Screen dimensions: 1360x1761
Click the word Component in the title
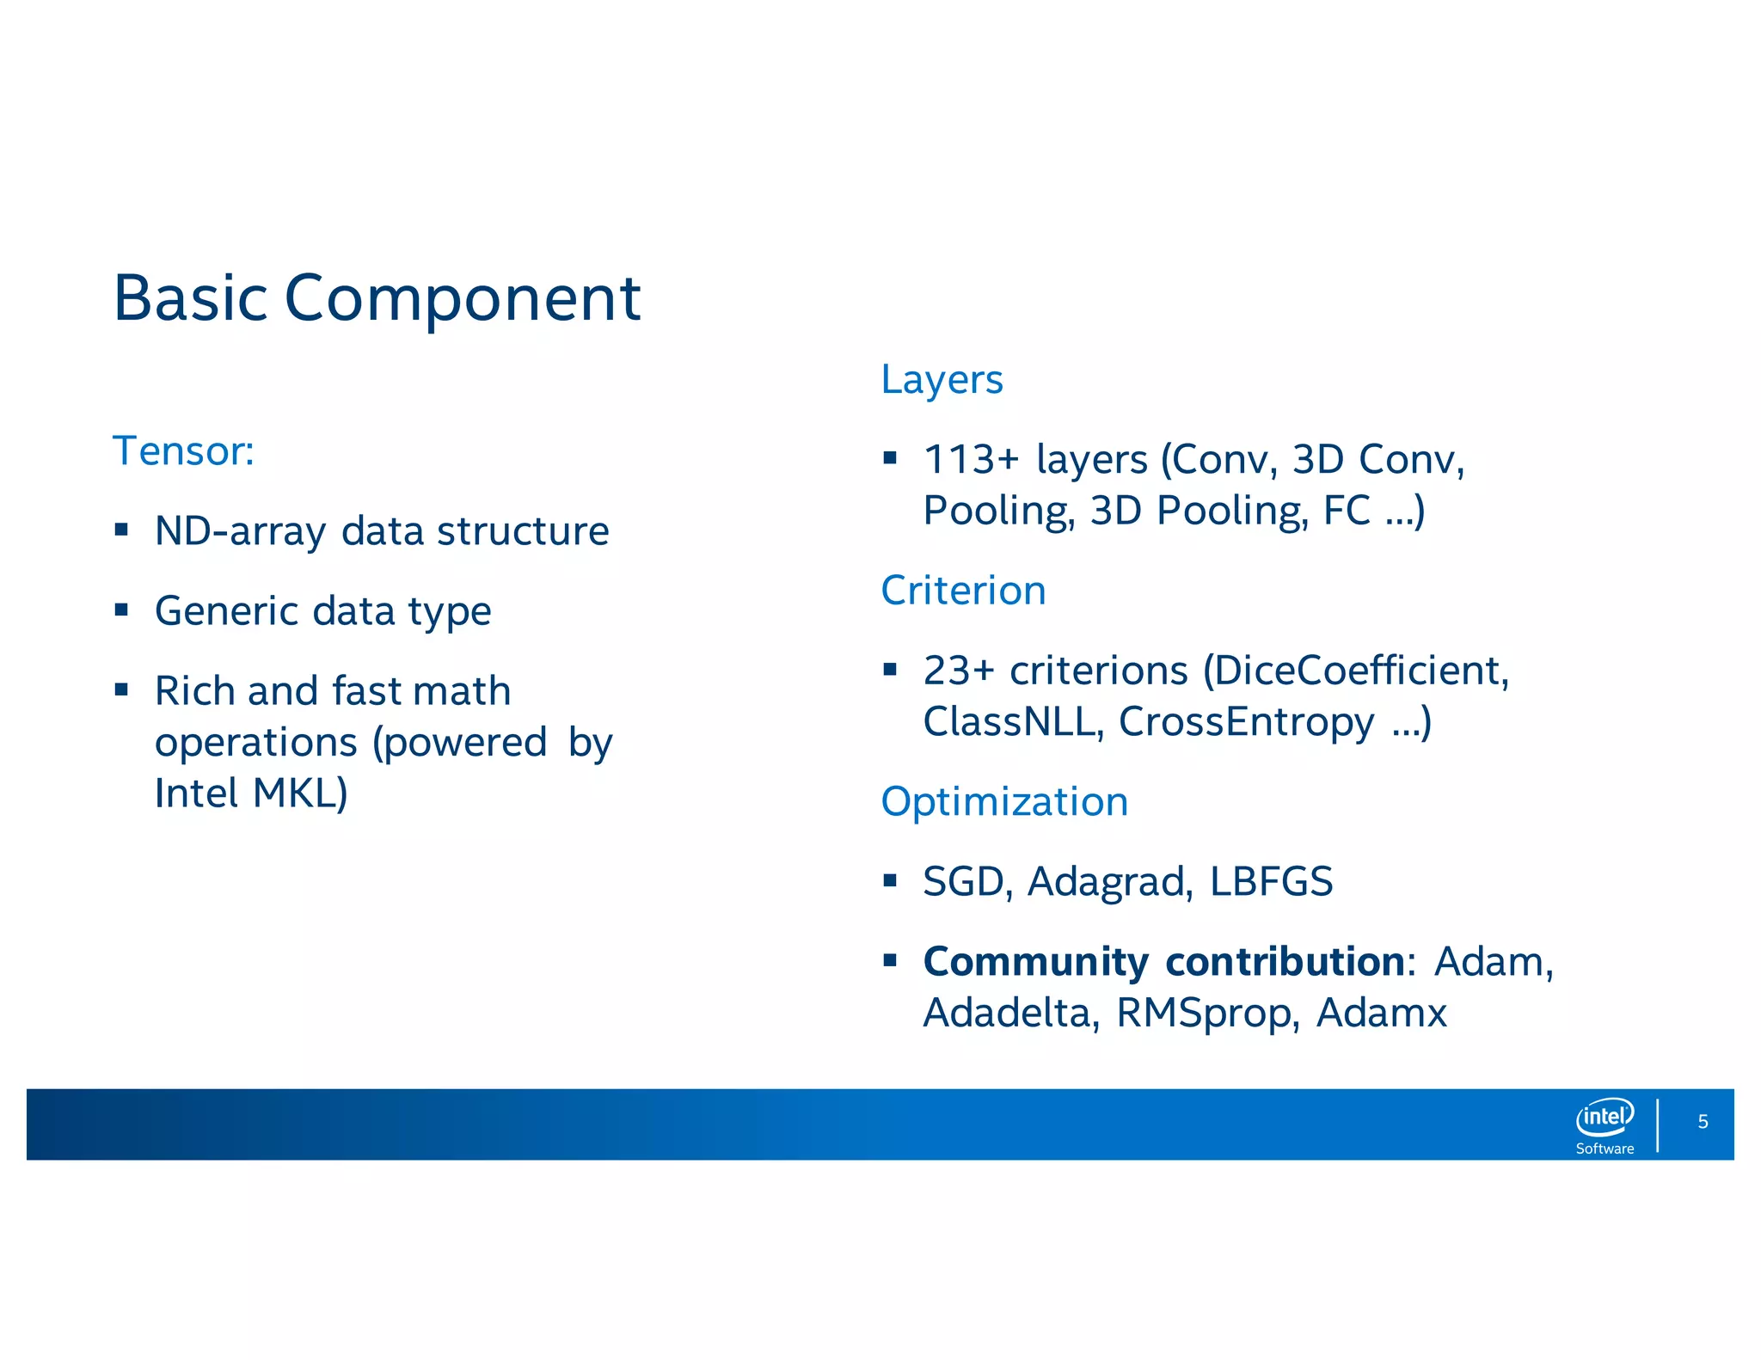click(x=462, y=299)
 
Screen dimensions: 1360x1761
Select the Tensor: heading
click(x=183, y=451)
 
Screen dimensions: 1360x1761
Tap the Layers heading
click(x=942, y=379)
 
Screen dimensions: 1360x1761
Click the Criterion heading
click(x=963, y=591)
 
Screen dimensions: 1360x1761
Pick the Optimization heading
click(x=1004, y=802)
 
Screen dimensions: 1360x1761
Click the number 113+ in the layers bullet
click(x=970, y=459)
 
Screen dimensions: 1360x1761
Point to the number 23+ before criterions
click(x=958, y=671)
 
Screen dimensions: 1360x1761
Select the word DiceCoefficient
click(x=1355, y=671)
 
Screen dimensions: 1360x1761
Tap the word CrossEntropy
click(x=1246, y=721)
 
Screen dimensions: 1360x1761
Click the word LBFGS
click(x=1271, y=882)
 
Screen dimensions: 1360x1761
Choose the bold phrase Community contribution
click(x=1163, y=962)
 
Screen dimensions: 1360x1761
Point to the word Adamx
click(x=1381, y=1013)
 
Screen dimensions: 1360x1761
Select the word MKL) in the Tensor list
click(x=300, y=793)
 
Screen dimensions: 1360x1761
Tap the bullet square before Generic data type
click(x=121, y=610)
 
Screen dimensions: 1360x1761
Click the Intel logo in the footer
click(x=1605, y=1117)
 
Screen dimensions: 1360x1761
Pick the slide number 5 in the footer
click(x=1703, y=1122)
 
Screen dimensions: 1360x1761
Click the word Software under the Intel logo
click(x=1605, y=1149)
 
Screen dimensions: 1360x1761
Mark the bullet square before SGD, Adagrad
click(x=890, y=880)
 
